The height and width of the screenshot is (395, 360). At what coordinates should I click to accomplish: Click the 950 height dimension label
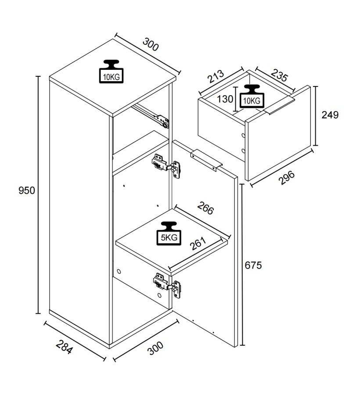[26, 191]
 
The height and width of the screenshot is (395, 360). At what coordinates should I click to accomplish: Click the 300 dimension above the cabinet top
[151, 45]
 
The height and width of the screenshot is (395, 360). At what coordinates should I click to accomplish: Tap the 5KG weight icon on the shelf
[169, 233]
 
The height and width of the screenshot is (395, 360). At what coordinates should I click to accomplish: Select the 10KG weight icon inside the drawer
[251, 96]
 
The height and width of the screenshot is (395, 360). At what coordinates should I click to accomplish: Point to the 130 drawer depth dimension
[225, 99]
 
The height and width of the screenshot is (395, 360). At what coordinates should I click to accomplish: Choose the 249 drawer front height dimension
[330, 115]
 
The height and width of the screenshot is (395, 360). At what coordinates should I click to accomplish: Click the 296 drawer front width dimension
[286, 177]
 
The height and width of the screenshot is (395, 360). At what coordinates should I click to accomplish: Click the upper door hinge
[166, 165]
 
